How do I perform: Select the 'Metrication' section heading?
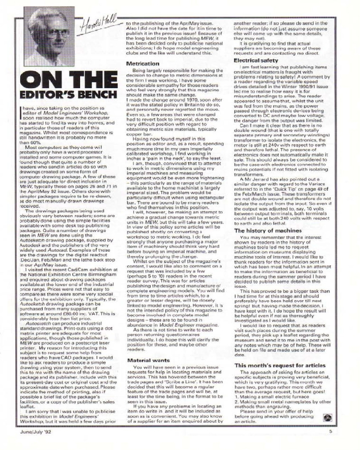[143, 64]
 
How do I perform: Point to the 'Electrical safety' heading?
[258, 60]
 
